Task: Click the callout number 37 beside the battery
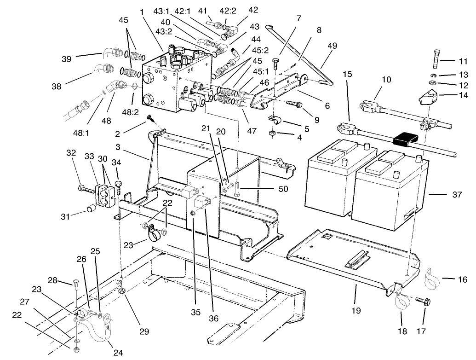pyautogui.click(x=457, y=194)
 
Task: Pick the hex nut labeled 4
pyautogui.click(x=272, y=134)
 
